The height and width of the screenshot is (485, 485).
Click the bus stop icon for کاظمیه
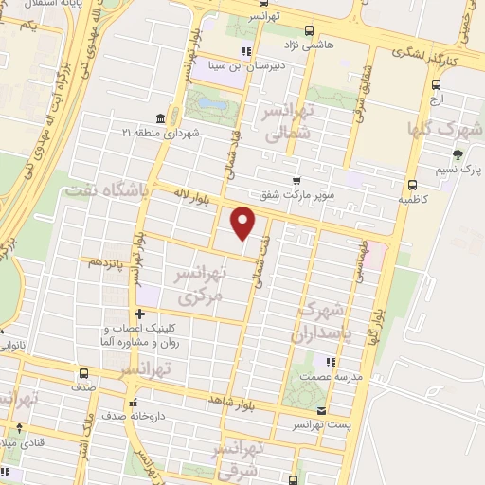point(411,186)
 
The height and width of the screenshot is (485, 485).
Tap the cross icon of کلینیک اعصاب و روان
point(139,314)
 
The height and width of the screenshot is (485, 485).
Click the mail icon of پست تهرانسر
point(322,411)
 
